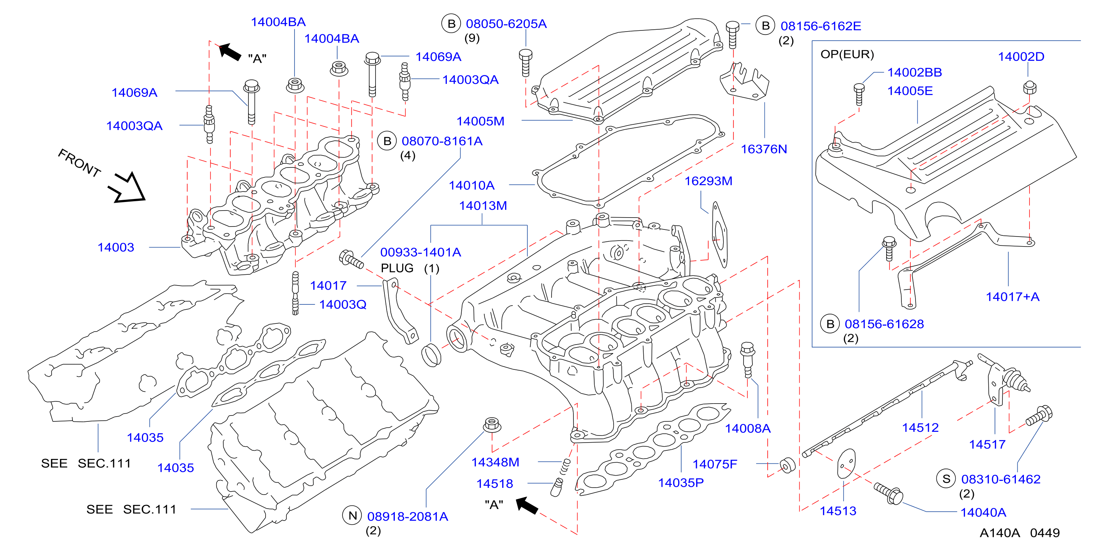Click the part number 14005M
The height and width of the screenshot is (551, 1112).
pyautogui.click(x=481, y=121)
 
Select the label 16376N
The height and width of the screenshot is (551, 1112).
pyautogui.click(x=764, y=149)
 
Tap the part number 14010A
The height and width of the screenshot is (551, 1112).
pyautogui.click(x=471, y=186)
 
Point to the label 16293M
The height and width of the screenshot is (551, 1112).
pyautogui.click(x=708, y=181)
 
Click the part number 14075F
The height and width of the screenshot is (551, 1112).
pyautogui.click(x=715, y=464)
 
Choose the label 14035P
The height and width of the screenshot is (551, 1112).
pyautogui.click(x=681, y=483)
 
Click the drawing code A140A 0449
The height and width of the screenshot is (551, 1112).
pyautogui.click(x=1020, y=533)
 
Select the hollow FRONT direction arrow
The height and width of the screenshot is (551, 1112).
pyautogui.click(x=128, y=189)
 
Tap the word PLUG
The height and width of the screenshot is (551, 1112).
pyautogui.click(x=397, y=268)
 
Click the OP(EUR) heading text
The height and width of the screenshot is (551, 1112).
pyautogui.click(x=847, y=54)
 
